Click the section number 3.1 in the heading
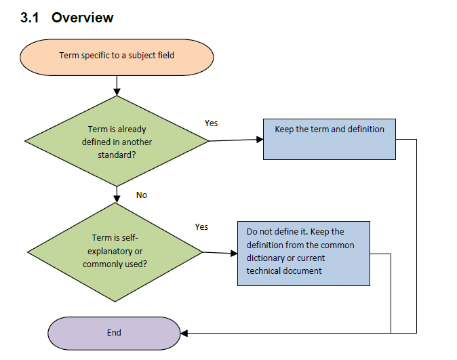pos(29,18)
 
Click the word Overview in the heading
pos(83,18)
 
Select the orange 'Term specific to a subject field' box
pos(117,58)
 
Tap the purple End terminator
pos(114,333)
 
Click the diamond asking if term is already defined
pos(117,141)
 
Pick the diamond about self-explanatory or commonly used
pos(115,252)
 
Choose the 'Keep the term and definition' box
pos(330,140)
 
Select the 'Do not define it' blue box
pos(304,254)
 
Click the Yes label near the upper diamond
pos(211,123)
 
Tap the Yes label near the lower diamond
pos(201,227)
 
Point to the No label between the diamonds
pos(142,195)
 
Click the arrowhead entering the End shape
pos(184,333)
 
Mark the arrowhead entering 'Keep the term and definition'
pos(260,140)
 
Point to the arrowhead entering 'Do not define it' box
pos(234,254)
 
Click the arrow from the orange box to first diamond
pos(117,85)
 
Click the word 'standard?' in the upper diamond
pos(117,155)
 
